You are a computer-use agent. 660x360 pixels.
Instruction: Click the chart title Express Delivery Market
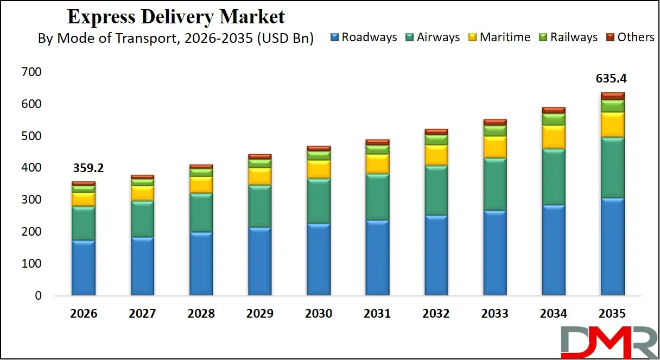click(x=175, y=17)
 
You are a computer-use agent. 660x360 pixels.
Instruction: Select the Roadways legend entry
click(x=364, y=37)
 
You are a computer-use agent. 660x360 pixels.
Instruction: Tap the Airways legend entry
click(x=432, y=37)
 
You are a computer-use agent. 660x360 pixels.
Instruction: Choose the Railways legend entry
click(x=568, y=37)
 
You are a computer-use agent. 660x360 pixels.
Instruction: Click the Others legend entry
click(x=630, y=37)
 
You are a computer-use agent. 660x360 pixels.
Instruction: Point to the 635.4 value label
click(x=612, y=78)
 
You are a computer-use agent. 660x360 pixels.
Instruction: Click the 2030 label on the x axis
click(x=319, y=314)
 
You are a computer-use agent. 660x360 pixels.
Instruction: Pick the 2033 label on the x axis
click(x=494, y=314)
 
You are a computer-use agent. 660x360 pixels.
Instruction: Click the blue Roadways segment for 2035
click(x=612, y=247)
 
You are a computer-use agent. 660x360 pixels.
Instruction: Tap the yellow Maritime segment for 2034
click(x=554, y=137)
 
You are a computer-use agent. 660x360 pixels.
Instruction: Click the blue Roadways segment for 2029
click(x=259, y=261)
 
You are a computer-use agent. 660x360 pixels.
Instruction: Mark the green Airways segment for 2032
click(x=436, y=191)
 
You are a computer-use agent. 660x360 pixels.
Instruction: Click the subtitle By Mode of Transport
click(x=175, y=39)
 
